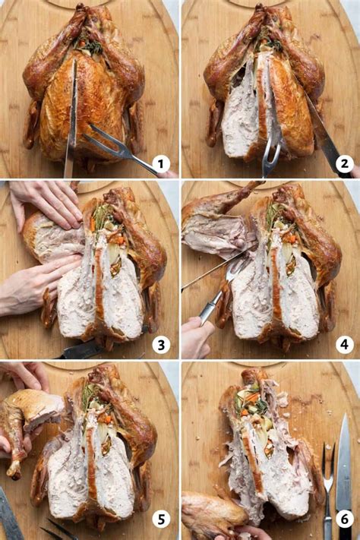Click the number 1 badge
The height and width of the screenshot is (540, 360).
(160, 164)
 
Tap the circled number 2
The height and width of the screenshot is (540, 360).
(343, 164)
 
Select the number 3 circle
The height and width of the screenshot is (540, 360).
(160, 345)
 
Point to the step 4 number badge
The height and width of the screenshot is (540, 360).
(343, 345)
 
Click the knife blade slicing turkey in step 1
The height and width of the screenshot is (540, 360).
(71, 122)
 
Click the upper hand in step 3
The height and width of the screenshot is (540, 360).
(46, 201)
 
